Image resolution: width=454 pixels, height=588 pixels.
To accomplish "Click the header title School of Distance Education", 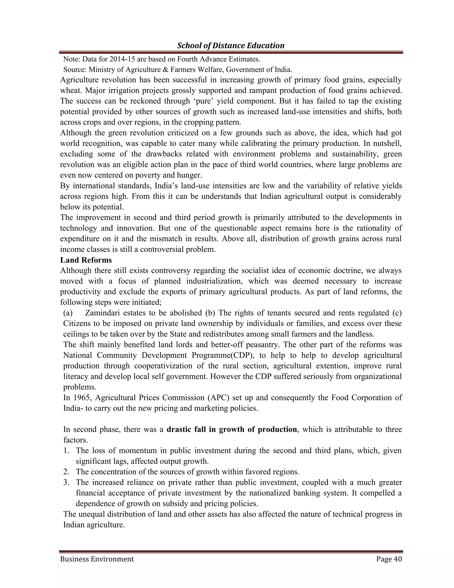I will (x=231, y=45).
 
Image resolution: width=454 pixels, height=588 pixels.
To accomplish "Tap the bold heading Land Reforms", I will (x=86, y=260).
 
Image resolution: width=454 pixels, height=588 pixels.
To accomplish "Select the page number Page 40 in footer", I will (x=389, y=559).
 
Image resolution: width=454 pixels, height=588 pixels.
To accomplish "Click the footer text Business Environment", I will (x=97, y=559).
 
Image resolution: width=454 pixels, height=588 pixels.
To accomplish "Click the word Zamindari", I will (x=103, y=313).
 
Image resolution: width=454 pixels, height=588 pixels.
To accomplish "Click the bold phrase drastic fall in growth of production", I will (x=232, y=429).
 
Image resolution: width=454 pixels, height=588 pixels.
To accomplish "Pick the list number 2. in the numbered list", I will (x=67, y=472).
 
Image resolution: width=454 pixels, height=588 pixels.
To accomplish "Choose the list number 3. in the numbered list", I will (x=67, y=482).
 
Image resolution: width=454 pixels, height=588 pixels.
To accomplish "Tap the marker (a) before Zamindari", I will (x=68, y=313).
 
